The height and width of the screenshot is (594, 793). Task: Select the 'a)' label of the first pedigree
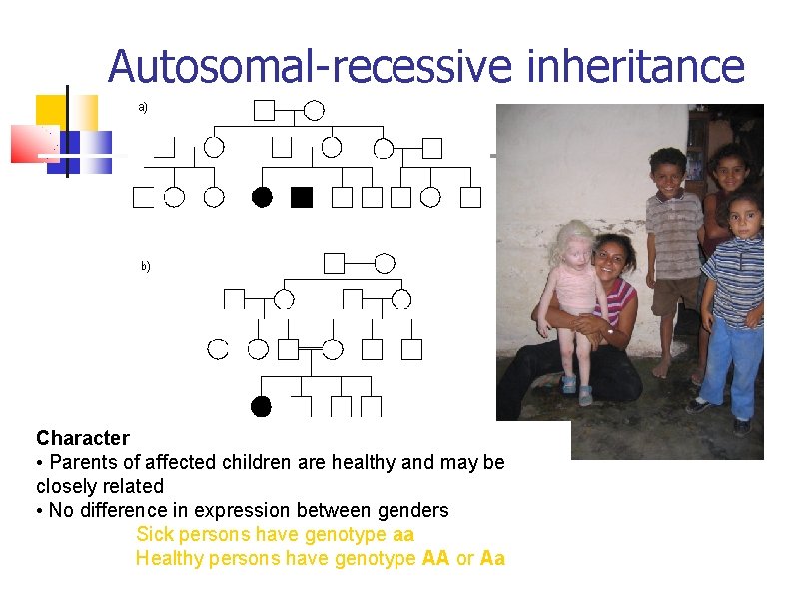(x=143, y=106)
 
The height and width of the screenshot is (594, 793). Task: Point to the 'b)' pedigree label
(x=145, y=266)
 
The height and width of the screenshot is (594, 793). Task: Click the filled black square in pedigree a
(x=301, y=198)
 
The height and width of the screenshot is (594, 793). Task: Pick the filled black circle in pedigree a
(x=262, y=198)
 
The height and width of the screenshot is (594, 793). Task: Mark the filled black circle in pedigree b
(x=261, y=406)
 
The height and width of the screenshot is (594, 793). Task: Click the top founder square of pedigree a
(x=264, y=110)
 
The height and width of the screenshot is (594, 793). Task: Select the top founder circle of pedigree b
(x=385, y=263)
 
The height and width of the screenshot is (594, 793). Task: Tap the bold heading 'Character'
(x=83, y=438)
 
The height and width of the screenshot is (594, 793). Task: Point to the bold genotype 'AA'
(x=436, y=558)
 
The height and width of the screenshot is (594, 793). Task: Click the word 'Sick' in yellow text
(x=155, y=534)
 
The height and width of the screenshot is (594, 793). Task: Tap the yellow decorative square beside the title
(x=52, y=111)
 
